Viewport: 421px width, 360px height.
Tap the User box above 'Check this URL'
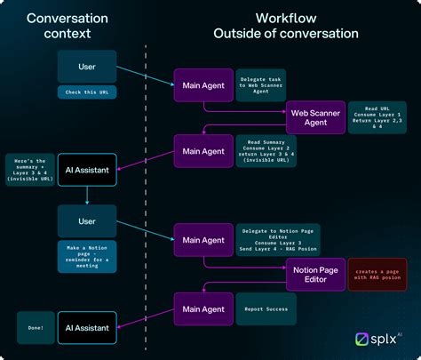87,66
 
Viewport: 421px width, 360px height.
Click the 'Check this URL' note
87,92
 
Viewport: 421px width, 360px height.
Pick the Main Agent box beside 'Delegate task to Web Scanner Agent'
203,85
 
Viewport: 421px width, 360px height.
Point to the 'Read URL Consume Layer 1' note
379,117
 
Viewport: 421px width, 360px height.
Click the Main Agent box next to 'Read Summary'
203,151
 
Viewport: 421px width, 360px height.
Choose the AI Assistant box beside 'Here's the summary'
87,168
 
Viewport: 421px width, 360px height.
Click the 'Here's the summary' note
30,169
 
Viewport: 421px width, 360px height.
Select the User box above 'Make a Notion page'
87,220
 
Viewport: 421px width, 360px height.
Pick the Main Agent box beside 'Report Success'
203,308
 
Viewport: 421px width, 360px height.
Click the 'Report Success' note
263,308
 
